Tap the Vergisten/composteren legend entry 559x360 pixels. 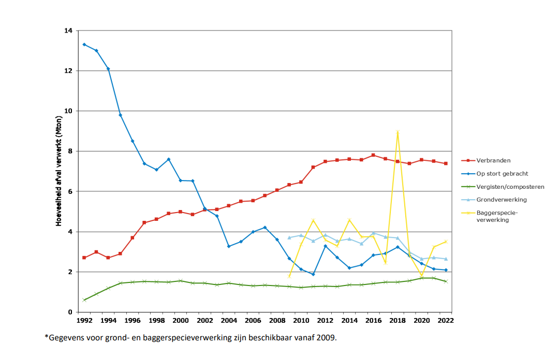tap(510, 187)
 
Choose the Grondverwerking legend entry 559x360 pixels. tap(501, 200)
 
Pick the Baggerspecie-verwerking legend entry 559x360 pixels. tap(497, 216)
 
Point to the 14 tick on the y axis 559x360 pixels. tap(68, 31)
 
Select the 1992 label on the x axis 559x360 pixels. tap(84, 321)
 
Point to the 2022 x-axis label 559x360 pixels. tap(446, 321)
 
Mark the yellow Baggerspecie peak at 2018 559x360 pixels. tap(398, 132)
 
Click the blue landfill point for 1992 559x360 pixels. tap(84, 44)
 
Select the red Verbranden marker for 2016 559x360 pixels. tap(373, 155)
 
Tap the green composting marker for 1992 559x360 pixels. tap(84, 300)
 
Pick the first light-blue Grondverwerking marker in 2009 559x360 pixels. tap(289, 237)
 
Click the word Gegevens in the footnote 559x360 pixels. tap(68, 338)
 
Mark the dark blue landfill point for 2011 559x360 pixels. tap(313, 274)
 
